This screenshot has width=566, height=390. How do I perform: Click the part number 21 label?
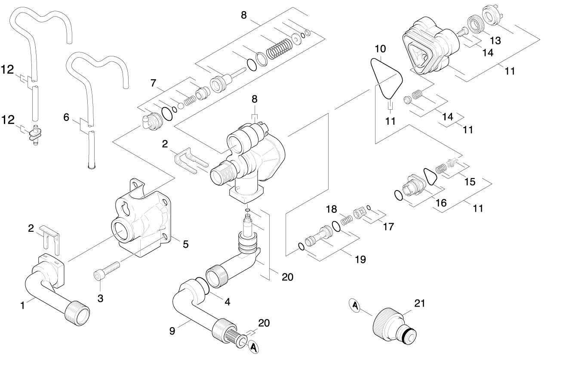(x=420, y=304)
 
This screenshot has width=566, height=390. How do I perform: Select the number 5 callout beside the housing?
(x=186, y=244)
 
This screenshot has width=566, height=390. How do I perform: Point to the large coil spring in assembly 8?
(x=280, y=49)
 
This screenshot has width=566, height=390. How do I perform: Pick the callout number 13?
(x=495, y=41)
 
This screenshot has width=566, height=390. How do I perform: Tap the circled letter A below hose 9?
(x=253, y=347)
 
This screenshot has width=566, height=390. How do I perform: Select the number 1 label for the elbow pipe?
(x=23, y=306)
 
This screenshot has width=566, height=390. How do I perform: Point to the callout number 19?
(x=360, y=259)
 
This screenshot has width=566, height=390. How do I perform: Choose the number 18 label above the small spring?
(x=331, y=209)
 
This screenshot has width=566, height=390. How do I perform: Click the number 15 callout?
(x=470, y=181)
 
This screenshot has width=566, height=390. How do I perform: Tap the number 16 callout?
(x=441, y=203)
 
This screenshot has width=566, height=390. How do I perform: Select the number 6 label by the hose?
(x=66, y=117)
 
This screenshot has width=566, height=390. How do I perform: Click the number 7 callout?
(x=154, y=83)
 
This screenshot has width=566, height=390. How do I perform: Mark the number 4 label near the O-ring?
(x=228, y=302)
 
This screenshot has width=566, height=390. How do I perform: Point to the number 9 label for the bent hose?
(x=172, y=331)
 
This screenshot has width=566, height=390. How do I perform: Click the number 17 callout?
(x=388, y=227)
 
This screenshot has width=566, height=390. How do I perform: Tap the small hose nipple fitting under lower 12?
(x=35, y=135)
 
